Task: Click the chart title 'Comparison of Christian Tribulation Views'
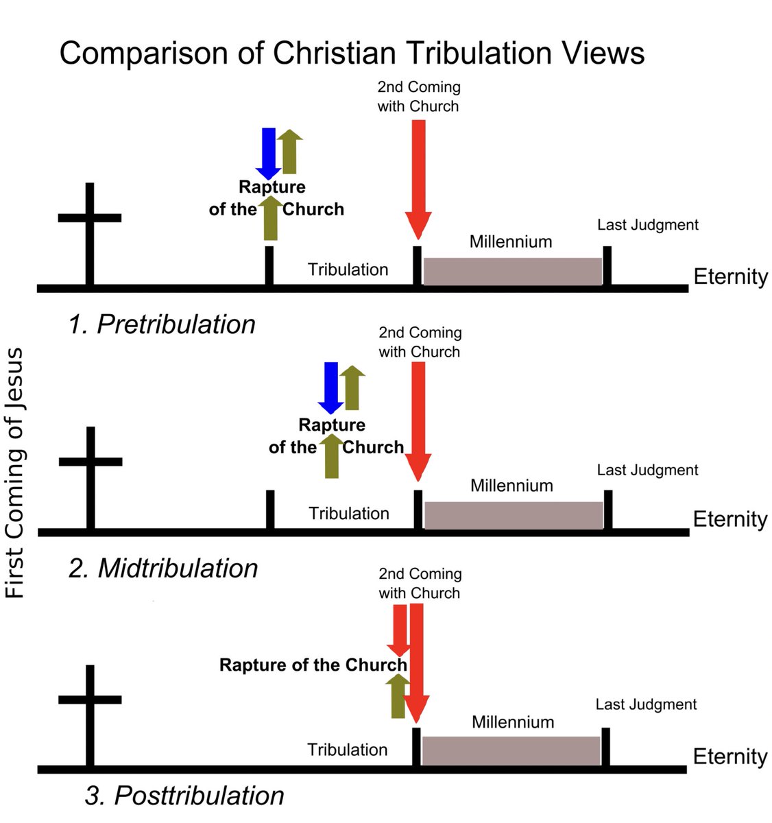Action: point(352,53)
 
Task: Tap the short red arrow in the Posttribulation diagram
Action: point(398,628)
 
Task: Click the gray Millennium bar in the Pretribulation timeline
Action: point(512,271)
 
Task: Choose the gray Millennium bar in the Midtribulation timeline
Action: point(514,515)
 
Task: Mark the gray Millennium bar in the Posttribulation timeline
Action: point(511,750)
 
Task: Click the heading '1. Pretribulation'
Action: point(162,324)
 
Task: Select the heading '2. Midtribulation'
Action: point(163,569)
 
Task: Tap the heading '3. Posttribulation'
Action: point(184,796)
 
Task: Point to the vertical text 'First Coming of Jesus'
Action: point(14,473)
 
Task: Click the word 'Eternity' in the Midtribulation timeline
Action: point(730,519)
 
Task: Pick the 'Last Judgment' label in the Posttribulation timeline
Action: point(646,704)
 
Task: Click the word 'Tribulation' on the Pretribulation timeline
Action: point(348,270)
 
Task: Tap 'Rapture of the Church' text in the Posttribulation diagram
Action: point(313,665)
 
